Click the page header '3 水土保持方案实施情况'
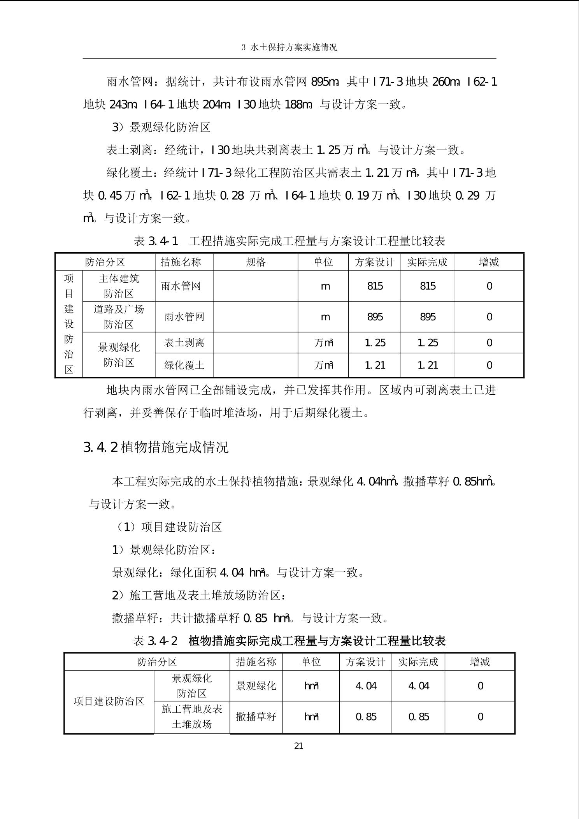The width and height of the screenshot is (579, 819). [x=289, y=47]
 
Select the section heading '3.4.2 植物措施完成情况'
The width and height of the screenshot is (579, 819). [x=156, y=447]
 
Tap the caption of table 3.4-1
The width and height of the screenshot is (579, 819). [x=289, y=241]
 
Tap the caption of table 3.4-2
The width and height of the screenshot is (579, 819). [x=289, y=641]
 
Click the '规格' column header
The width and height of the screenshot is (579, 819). [x=256, y=262]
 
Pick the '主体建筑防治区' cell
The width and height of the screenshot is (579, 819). [x=119, y=286]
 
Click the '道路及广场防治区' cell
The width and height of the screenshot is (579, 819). [x=119, y=316]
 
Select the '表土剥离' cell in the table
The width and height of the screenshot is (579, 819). [x=184, y=343]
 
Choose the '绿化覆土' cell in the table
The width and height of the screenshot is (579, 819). [x=184, y=365]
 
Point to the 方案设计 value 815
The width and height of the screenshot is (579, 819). [x=375, y=286]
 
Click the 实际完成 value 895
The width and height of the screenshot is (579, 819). [x=427, y=317]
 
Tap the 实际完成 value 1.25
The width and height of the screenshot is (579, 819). [x=427, y=343]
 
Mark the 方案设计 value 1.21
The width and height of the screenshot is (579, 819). [x=375, y=365]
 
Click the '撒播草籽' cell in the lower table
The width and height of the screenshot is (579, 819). [x=256, y=717]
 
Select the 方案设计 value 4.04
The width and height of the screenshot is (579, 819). [x=366, y=686]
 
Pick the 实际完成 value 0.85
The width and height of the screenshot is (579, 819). [x=418, y=717]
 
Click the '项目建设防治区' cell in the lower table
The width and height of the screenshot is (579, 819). [x=109, y=701]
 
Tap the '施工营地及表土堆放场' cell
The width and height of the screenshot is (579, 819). [x=192, y=716]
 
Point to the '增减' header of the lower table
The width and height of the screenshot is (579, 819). [x=480, y=662]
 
